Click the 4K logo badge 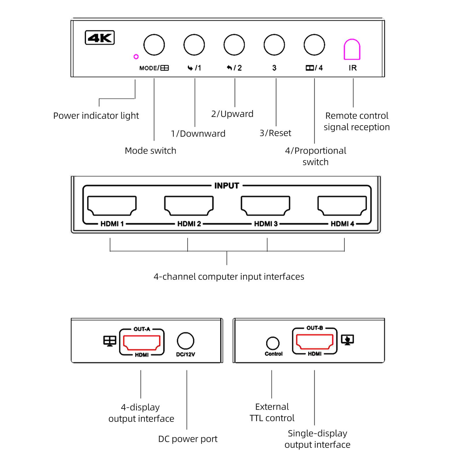(x=100, y=38)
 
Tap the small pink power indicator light (x=136, y=57)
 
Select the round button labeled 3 (x=274, y=45)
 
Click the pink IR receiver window (x=352, y=50)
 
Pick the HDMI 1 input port (x=112, y=206)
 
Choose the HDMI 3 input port (x=265, y=206)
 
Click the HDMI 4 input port (x=342, y=206)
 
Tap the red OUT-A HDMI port (x=142, y=342)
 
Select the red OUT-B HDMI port (x=315, y=341)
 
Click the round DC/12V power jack (x=185, y=341)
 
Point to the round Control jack (x=273, y=343)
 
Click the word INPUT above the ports (x=227, y=186)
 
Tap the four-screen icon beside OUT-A (x=110, y=341)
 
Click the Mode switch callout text (x=150, y=150)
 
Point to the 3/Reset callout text (x=275, y=133)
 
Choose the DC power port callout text (x=188, y=439)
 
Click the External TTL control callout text (x=272, y=412)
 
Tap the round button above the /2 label (x=234, y=45)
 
